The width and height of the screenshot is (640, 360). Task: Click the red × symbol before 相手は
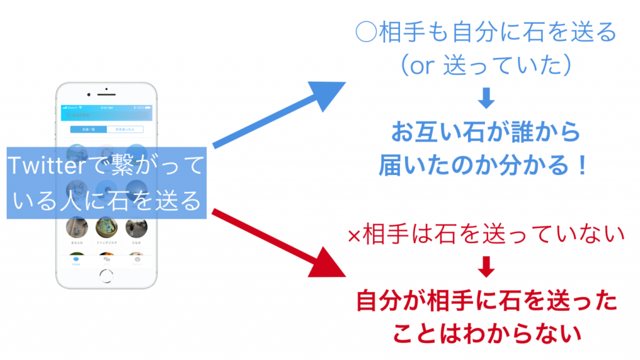[x=354, y=236]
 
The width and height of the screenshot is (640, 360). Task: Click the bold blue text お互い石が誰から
[x=486, y=133]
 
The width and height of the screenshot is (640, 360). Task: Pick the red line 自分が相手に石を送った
[x=486, y=302]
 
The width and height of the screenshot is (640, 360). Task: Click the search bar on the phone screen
[x=106, y=115]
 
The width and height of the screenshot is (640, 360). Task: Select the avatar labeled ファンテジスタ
[x=106, y=227]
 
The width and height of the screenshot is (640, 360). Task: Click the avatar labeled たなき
[x=136, y=227]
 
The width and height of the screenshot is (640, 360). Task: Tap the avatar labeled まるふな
[x=76, y=227]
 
